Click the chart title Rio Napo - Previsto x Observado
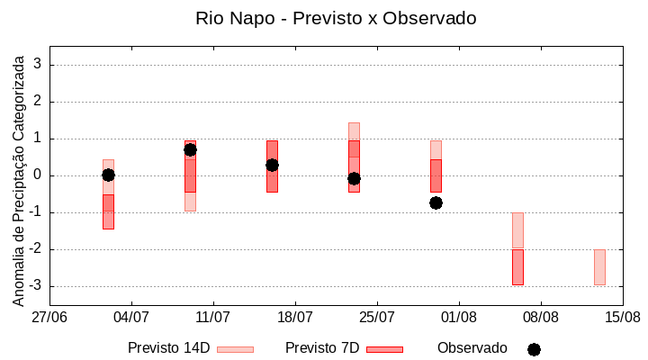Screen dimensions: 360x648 336,18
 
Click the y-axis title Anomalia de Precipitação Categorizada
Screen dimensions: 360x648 19,177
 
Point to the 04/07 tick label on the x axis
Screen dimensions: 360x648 131,317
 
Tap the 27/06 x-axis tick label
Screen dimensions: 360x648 49,317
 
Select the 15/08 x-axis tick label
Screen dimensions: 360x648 623,317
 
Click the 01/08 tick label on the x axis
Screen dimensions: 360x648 459,317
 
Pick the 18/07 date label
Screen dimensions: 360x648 295,317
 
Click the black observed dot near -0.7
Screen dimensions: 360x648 436,202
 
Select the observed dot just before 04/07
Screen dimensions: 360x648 108,175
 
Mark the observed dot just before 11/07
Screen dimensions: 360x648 190,149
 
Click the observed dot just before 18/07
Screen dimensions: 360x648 272,165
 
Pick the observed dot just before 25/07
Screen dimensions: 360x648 354,178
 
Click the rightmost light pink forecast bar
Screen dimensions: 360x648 599,267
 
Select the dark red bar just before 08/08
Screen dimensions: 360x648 517,267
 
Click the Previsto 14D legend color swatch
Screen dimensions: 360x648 235,349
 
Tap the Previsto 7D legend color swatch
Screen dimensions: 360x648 384,349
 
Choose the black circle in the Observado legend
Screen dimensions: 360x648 534,349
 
